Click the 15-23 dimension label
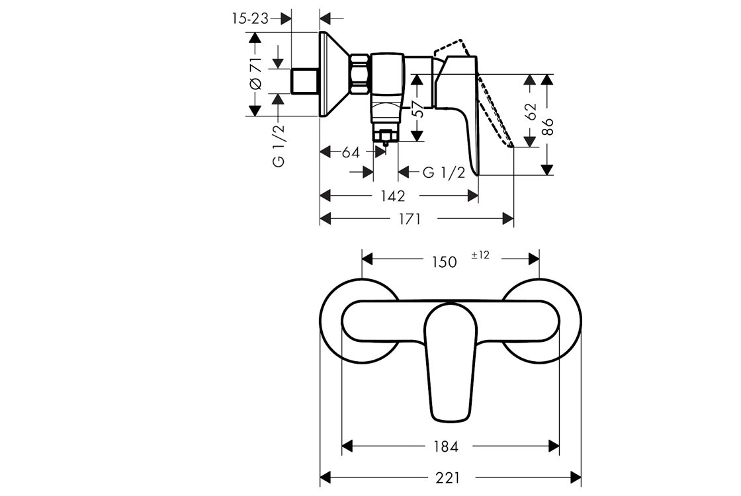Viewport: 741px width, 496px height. pos(250,19)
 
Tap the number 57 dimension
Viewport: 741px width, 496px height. pos(417,108)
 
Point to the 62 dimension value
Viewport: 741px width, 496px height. pos(531,112)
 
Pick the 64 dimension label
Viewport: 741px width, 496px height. pos(351,153)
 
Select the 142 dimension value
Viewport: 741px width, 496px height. pos(393,196)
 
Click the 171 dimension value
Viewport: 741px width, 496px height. pos(410,219)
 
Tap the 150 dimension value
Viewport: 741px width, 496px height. pos(444,262)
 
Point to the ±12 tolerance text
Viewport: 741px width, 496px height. pos(480,255)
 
